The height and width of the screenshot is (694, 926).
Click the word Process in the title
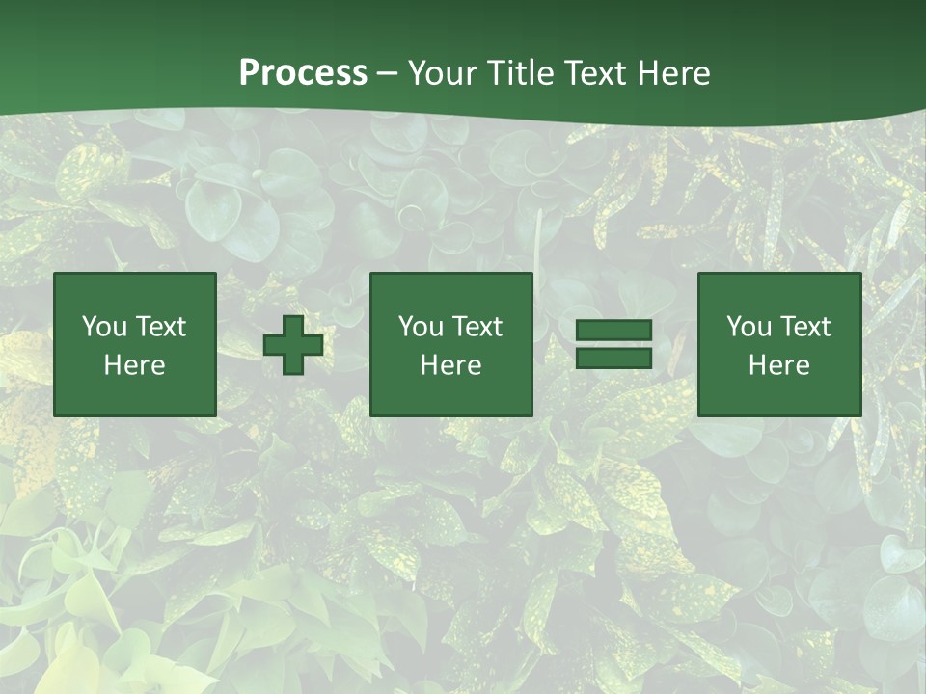pyautogui.click(x=303, y=73)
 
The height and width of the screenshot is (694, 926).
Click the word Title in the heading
pyautogui.click(x=521, y=73)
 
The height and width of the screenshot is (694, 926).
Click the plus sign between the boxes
pyautogui.click(x=293, y=345)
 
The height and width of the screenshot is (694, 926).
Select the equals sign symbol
pyautogui.click(x=613, y=344)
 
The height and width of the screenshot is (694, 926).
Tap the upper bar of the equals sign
pyautogui.click(x=613, y=331)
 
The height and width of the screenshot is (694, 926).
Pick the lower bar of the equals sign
pyautogui.click(x=613, y=358)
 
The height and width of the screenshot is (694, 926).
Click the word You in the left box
pyautogui.click(x=104, y=327)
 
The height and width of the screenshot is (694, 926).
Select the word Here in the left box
pyautogui.click(x=135, y=365)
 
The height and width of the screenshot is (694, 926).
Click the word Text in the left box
pyautogui.click(x=160, y=327)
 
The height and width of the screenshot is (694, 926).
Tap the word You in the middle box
pyautogui.click(x=421, y=327)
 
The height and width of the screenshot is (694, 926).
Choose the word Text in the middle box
pyautogui.click(x=477, y=327)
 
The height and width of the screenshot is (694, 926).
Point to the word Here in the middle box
pyautogui.click(x=451, y=365)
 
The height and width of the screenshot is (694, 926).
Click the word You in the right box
pyautogui.click(x=749, y=327)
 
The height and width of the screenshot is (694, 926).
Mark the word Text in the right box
pyautogui.click(x=804, y=327)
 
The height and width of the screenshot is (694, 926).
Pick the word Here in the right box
pyautogui.click(x=779, y=365)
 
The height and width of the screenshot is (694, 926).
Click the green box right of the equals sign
pyautogui.click(x=779, y=395)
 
